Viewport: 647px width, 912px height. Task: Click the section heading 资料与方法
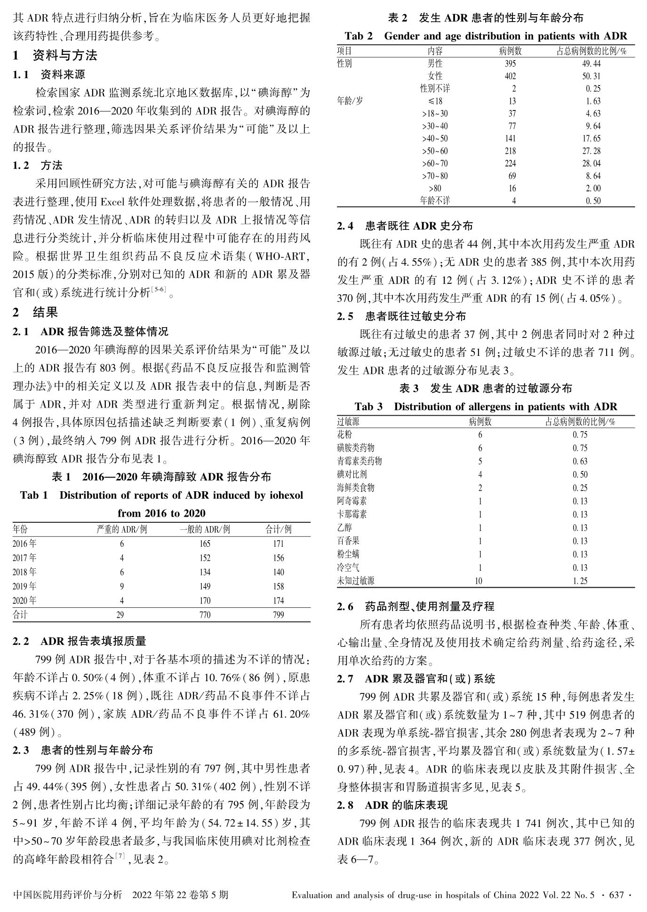[64, 55]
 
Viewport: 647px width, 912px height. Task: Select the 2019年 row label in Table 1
[24, 586]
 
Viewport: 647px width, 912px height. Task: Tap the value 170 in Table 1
[205, 600]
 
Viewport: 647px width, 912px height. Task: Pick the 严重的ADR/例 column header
[122, 529]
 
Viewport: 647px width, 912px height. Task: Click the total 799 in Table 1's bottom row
[278, 615]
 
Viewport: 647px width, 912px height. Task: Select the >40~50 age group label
[435, 139]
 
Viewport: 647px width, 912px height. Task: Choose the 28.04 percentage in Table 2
[591, 164]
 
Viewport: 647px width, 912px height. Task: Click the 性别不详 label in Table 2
[435, 88]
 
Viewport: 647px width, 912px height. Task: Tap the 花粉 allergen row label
[344, 435]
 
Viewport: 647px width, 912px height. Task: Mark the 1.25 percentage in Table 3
[580, 581]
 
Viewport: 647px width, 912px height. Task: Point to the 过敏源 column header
[348, 422]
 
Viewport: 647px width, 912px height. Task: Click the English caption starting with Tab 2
[486, 36]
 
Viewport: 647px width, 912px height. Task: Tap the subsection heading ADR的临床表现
[406, 805]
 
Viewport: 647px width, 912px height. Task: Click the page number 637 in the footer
[616, 895]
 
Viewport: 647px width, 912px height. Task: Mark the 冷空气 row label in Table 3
[348, 567]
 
